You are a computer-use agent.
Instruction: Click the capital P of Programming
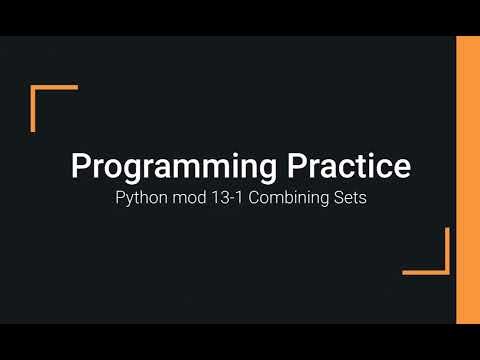click(80, 165)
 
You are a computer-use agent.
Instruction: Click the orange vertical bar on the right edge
click(467, 180)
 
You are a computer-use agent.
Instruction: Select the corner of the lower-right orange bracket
click(446, 271)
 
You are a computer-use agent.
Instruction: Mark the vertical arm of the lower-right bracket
click(446, 250)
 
